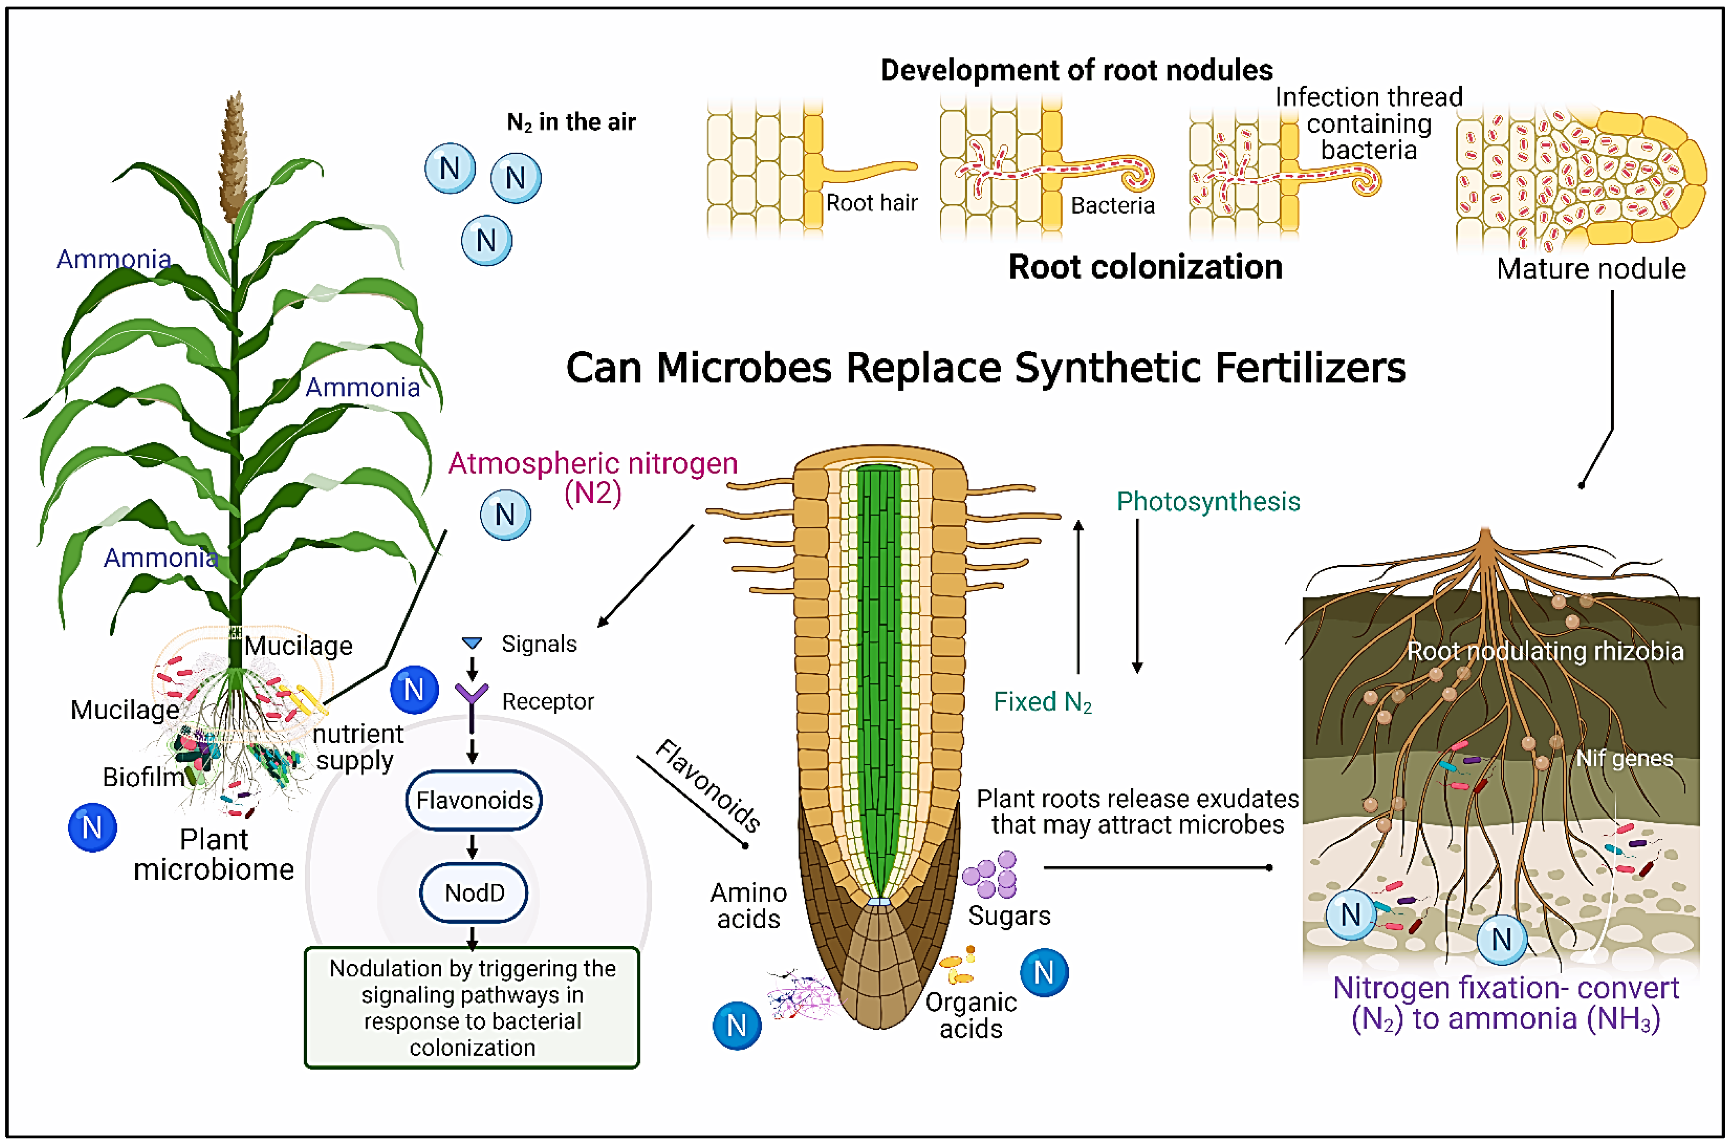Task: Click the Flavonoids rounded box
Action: pyautogui.click(x=474, y=800)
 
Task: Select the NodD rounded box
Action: pyautogui.click(x=474, y=892)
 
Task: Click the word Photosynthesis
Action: pyautogui.click(x=1208, y=502)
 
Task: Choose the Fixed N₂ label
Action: pyautogui.click(x=1042, y=702)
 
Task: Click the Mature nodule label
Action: pyautogui.click(x=1591, y=269)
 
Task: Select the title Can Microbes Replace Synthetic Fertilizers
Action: pyautogui.click(x=985, y=368)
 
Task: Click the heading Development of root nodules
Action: pyautogui.click(x=1076, y=70)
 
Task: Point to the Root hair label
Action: pyautogui.click(x=871, y=203)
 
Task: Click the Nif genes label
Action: pyautogui.click(x=1624, y=758)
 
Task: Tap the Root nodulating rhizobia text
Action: pyautogui.click(x=1545, y=651)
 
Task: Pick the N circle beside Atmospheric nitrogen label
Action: pyautogui.click(x=505, y=515)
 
